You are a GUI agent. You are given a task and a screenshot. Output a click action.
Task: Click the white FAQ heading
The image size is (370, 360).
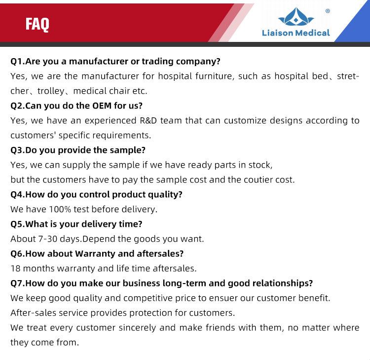click(x=37, y=24)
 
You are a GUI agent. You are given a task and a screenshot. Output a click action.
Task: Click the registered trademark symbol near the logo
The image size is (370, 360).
click(x=328, y=11)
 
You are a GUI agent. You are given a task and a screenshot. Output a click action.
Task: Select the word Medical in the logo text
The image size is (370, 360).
click(x=312, y=33)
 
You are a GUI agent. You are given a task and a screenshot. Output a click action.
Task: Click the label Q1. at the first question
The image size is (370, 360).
click(x=18, y=61)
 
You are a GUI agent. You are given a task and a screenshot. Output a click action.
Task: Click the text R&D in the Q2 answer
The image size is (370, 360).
click(x=148, y=120)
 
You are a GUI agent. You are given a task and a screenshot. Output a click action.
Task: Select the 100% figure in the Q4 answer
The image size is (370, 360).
click(x=60, y=209)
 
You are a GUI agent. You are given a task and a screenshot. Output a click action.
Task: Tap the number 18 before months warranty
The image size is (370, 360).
click(x=15, y=268)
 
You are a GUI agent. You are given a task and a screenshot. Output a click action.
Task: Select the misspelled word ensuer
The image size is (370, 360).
click(x=223, y=298)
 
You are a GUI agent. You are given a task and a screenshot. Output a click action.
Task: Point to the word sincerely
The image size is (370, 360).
click(x=137, y=328)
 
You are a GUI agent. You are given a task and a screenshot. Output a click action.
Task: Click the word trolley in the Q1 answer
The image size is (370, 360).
click(x=51, y=91)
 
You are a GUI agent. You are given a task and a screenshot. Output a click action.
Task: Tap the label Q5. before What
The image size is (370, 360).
click(x=18, y=224)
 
